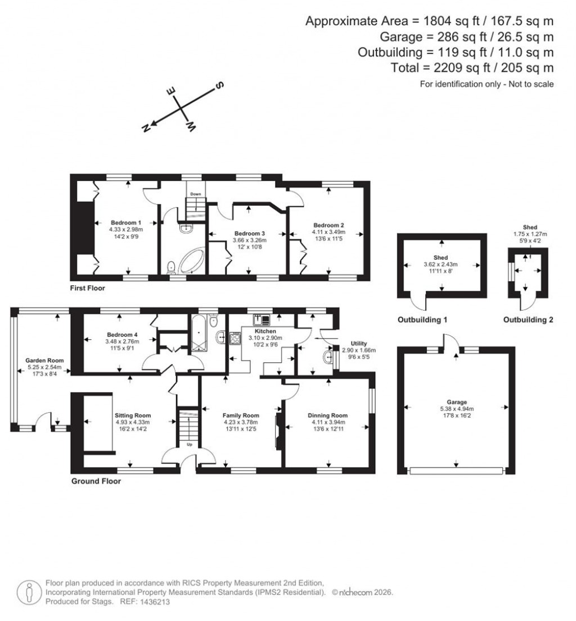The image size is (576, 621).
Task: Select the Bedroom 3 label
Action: coord(250,233)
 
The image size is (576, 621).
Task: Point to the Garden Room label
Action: coord(44,361)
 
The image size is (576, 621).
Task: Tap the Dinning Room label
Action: coord(326,415)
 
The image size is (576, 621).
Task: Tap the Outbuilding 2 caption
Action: coord(528,319)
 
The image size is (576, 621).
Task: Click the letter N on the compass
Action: coord(146,128)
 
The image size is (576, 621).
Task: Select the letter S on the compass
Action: coord(220,85)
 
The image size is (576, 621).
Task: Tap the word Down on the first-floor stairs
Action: coord(195,194)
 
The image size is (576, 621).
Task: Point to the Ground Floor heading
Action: coord(96,481)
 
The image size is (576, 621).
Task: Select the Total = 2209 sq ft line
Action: coord(472,68)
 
